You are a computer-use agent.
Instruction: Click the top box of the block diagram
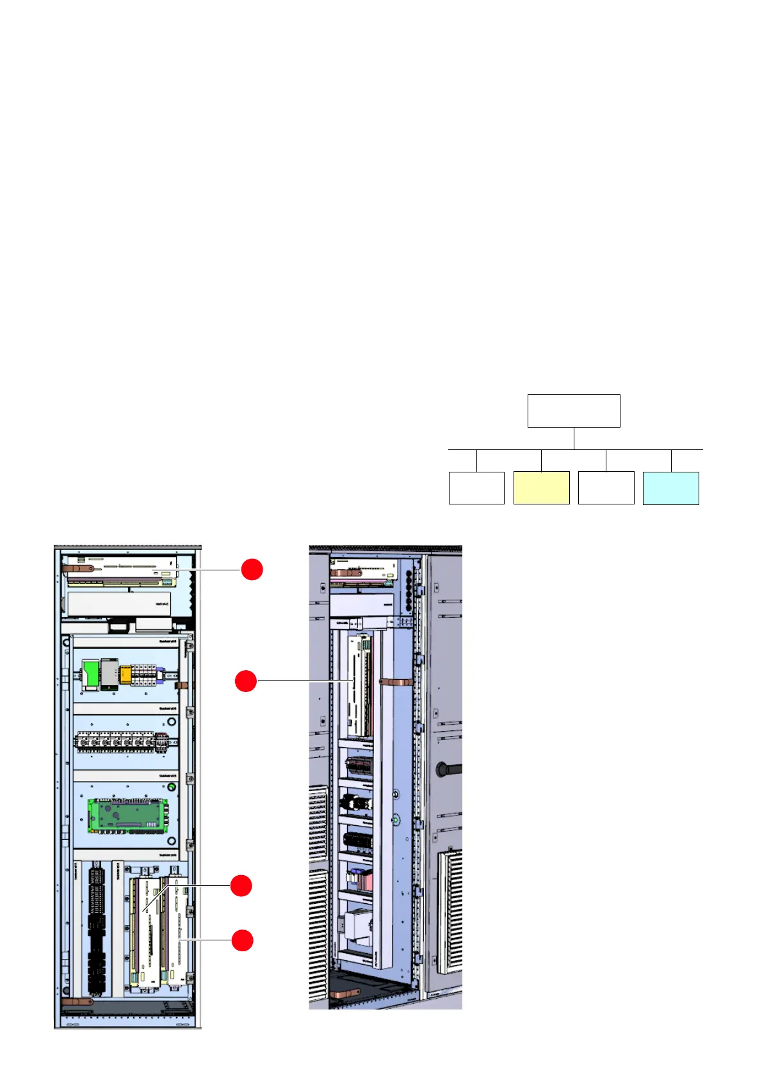point(574,411)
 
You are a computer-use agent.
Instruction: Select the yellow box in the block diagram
point(541,488)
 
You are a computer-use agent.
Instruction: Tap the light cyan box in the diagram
point(670,488)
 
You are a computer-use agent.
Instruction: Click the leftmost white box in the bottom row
point(476,488)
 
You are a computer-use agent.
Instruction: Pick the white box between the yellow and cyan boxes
point(606,488)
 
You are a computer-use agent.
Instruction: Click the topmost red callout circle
point(252,569)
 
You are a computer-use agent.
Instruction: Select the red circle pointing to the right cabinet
point(246,681)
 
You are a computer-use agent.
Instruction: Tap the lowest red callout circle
point(242,940)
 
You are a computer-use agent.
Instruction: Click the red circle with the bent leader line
point(241,886)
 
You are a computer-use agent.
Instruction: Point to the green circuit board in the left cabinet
point(128,817)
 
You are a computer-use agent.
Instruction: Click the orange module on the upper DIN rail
point(126,675)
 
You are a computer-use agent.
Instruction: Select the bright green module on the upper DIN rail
point(90,673)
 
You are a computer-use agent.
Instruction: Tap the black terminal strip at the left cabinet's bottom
point(97,928)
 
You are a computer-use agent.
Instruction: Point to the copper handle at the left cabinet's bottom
point(77,1002)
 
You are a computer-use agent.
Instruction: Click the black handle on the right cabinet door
point(448,769)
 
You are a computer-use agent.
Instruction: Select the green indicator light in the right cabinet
point(395,819)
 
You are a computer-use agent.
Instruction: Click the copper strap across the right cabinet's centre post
point(393,680)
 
